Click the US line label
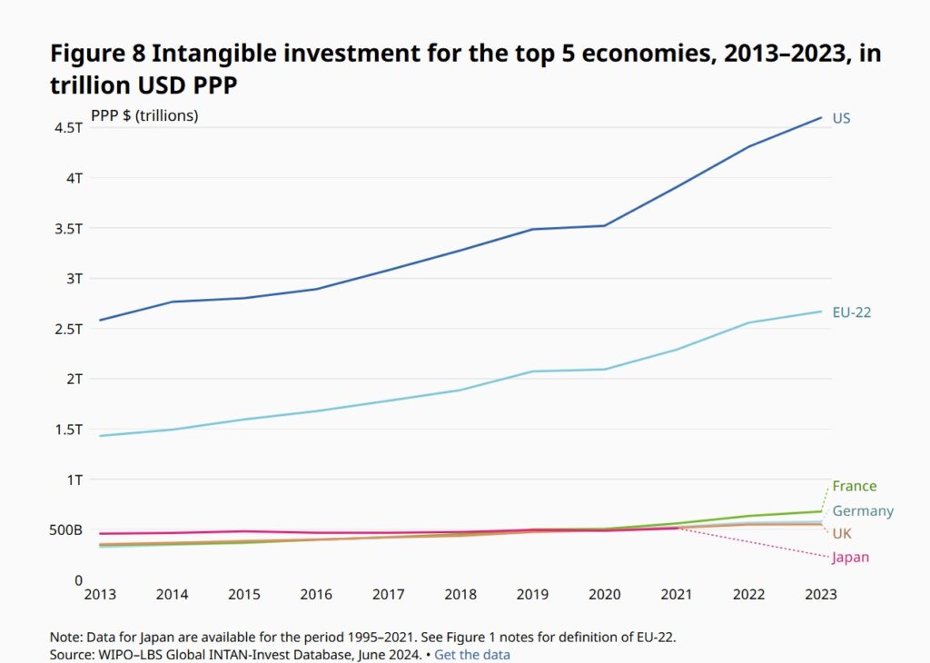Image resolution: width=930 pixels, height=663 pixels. pos(841,118)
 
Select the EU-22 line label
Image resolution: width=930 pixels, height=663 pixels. pos(852,312)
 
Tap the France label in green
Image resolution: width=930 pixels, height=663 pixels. pos(854,486)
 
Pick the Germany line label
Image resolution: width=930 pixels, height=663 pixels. pos(863,511)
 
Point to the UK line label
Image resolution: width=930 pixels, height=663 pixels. pos(842,533)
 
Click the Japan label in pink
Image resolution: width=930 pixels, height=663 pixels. pos(850,558)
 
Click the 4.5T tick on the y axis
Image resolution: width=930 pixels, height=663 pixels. pos(69,128)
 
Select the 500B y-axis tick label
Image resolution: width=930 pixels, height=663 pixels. pos(65,529)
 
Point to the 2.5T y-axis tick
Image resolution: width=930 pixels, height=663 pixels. pos(69,329)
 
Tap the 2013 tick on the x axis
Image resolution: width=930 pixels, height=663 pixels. pos(99,595)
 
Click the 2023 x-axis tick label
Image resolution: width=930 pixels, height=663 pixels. pos(821,595)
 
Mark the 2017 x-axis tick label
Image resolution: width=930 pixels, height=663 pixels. pos(389,595)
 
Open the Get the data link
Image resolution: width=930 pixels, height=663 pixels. pos(471,654)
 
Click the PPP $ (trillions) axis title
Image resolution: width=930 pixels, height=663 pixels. pos(144,115)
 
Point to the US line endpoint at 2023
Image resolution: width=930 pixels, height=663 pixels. pos(821,117)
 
